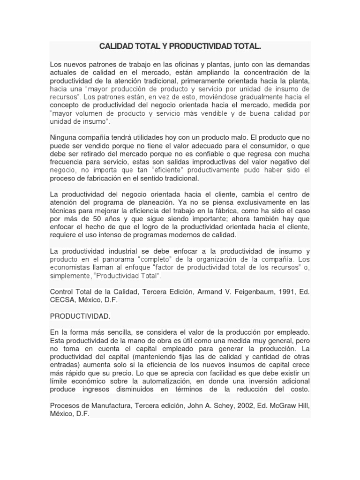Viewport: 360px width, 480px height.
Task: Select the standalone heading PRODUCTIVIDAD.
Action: point(80,316)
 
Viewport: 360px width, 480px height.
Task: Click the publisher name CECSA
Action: point(63,300)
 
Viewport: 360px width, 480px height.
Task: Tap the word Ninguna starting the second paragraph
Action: point(65,138)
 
